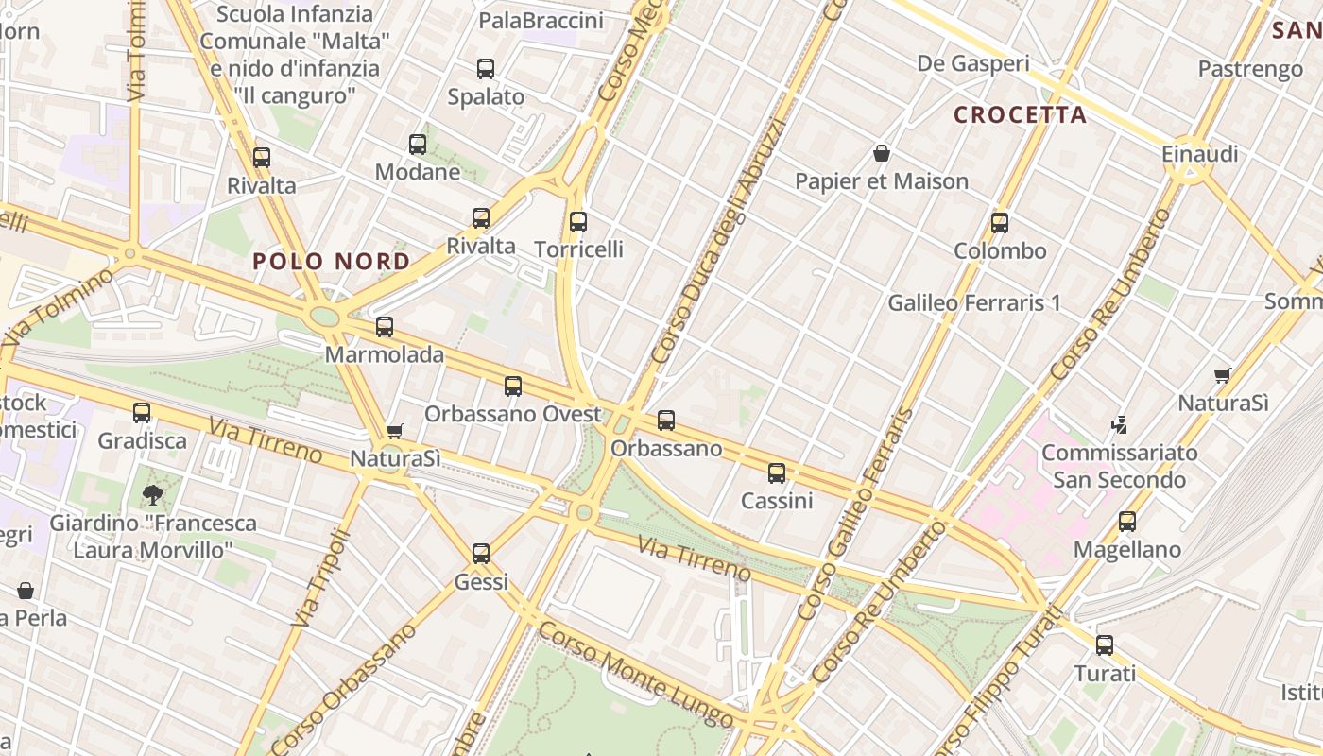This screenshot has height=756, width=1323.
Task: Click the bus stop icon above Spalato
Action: pyautogui.click(x=485, y=69)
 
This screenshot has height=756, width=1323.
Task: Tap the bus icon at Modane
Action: pyautogui.click(x=418, y=145)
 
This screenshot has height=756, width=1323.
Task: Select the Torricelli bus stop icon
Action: pyautogui.click(x=578, y=222)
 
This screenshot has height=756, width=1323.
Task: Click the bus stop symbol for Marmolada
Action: pyautogui.click(x=384, y=327)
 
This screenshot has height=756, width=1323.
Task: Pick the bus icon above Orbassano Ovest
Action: pyautogui.click(x=512, y=387)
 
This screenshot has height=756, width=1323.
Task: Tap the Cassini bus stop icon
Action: pyautogui.click(x=777, y=473)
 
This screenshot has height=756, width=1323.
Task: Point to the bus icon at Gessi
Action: pyautogui.click(x=481, y=554)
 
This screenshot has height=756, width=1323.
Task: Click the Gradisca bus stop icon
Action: pyautogui.click(x=142, y=413)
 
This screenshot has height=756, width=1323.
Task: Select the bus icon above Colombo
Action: pyautogui.click(x=1000, y=223)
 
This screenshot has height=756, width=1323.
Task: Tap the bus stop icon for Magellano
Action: pyautogui.click(x=1126, y=522)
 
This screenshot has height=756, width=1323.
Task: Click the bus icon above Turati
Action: pyautogui.click(x=1104, y=645)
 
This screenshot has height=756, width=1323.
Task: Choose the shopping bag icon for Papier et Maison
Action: pyautogui.click(x=882, y=153)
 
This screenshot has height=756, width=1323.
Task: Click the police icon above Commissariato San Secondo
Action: pyautogui.click(x=1120, y=424)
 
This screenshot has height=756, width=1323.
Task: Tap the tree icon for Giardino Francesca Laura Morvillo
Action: pyautogui.click(x=152, y=494)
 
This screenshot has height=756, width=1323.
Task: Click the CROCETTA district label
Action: pyautogui.click(x=1020, y=115)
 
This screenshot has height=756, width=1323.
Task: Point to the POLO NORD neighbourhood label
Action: pyautogui.click(x=332, y=262)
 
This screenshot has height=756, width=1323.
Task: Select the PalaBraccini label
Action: pyautogui.click(x=541, y=21)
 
